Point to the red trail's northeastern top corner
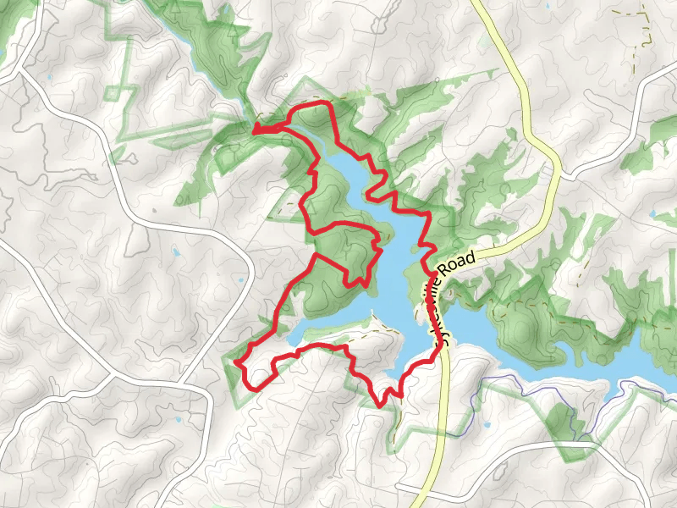(x=326, y=104)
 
